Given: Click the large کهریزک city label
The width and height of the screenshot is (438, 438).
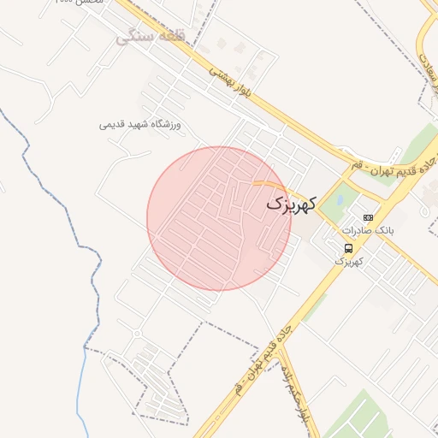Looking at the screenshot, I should (x=291, y=204).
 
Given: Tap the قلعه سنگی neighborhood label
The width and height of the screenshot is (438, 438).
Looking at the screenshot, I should (x=151, y=38).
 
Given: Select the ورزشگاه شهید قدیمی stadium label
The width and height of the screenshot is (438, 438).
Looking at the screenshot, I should (x=144, y=125).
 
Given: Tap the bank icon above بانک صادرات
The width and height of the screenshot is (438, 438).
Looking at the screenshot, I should (x=368, y=218).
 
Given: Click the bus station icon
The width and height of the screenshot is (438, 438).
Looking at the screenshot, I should (x=347, y=248).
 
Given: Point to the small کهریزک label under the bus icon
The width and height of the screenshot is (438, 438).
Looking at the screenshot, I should (x=348, y=260).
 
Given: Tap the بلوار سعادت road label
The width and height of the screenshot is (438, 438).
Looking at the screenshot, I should (x=425, y=63).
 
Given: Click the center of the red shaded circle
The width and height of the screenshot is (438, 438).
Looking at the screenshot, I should (x=218, y=218).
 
